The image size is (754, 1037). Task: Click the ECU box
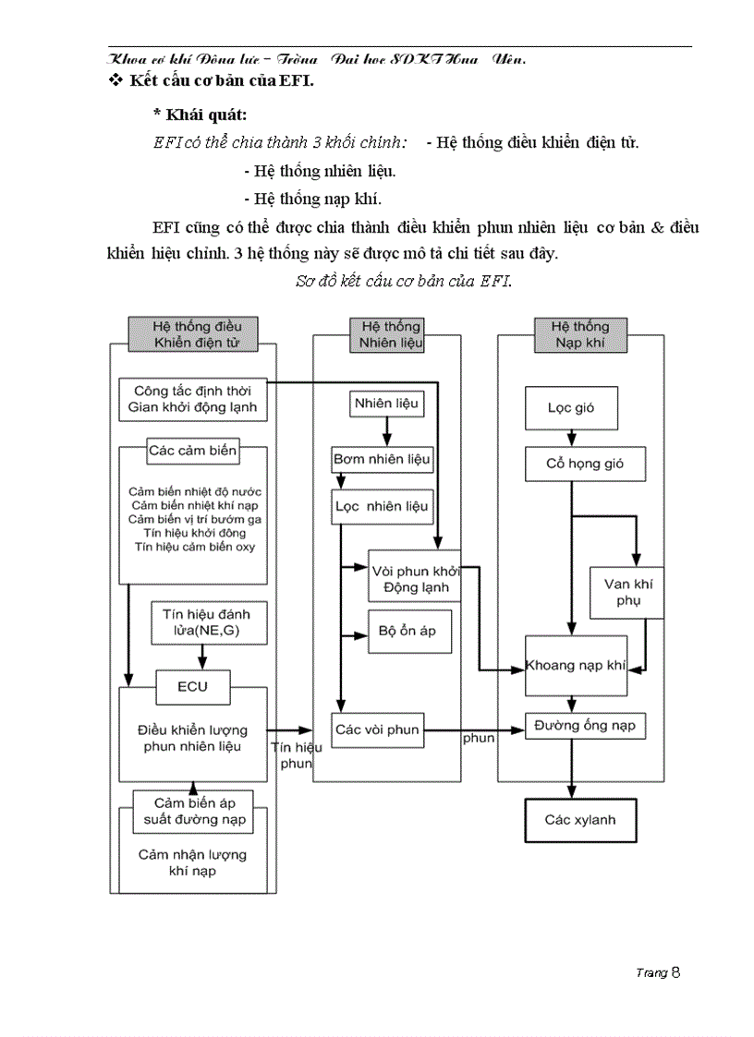(192, 686)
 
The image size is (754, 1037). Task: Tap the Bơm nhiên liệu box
(382, 458)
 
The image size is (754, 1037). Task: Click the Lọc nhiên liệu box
(382, 506)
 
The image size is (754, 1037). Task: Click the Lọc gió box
(571, 407)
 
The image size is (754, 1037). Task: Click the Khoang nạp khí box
(576, 665)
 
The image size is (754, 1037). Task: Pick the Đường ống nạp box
(584, 726)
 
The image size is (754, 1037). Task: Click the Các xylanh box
(579, 819)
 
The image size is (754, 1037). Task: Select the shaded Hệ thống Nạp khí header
(579, 334)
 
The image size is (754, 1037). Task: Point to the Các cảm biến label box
(192, 452)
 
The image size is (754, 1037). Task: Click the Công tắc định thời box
(193, 399)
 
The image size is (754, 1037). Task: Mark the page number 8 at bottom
(676, 971)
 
